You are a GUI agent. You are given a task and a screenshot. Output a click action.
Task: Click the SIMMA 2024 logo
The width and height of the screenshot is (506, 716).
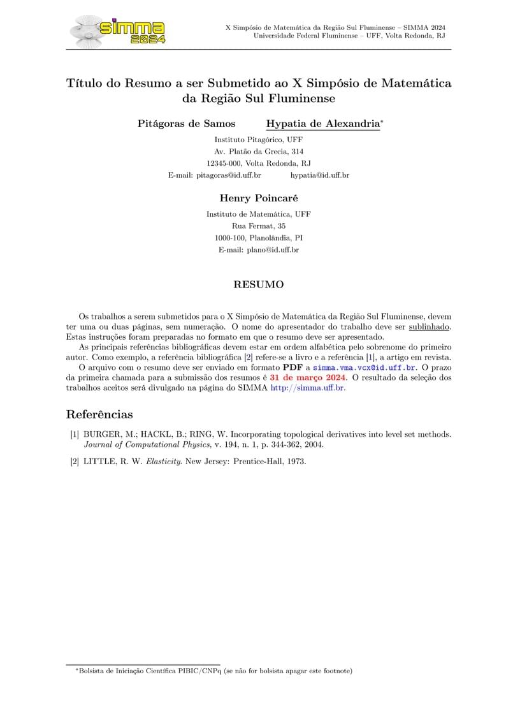(119, 29)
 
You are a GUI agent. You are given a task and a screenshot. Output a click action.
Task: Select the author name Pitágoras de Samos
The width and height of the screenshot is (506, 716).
(186, 124)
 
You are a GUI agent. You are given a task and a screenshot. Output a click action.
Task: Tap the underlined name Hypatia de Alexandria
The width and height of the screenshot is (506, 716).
(323, 124)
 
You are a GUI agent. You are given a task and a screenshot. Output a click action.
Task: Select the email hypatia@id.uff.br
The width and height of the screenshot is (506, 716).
(319, 175)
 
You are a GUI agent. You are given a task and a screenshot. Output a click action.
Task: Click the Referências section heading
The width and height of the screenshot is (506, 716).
(99, 414)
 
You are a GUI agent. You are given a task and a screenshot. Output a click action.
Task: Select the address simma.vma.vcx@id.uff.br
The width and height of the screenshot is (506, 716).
(364, 368)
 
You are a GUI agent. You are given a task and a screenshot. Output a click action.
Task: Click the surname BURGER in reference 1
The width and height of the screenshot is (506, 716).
(101, 434)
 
